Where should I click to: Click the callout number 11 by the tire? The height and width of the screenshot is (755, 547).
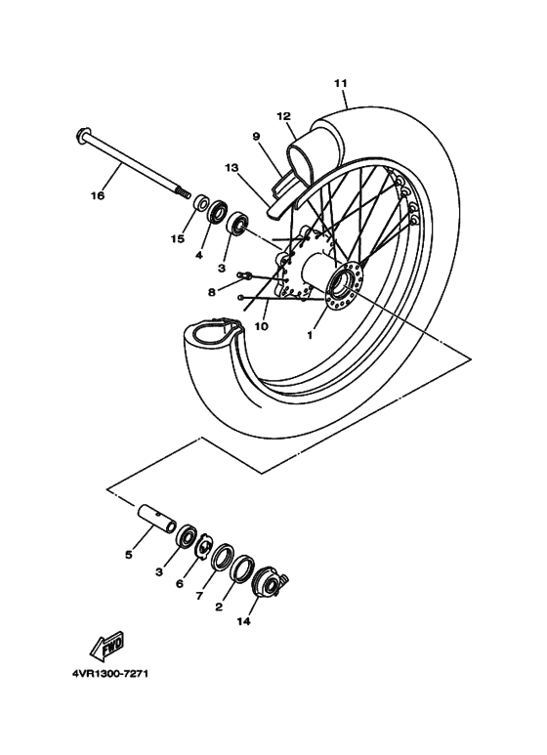click(x=340, y=83)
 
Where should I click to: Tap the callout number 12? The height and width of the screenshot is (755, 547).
click(x=284, y=116)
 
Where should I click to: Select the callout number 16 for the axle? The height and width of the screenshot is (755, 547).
click(x=97, y=195)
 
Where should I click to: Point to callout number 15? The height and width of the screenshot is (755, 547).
click(x=179, y=238)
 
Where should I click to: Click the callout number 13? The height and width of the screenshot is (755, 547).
click(x=231, y=168)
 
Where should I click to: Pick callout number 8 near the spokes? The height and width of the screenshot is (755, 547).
click(x=212, y=290)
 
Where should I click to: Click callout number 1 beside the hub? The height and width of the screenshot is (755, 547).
click(x=311, y=334)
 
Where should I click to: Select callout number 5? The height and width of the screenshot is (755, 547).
click(x=128, y=554)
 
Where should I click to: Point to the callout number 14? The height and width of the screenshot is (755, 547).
click(x=242, y=620)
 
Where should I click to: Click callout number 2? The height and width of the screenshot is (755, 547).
click(x=218, y=607)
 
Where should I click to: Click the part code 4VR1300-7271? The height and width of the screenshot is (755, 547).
click(x=109, y=674)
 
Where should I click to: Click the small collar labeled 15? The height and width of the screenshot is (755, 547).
click(x=200, y=204)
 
